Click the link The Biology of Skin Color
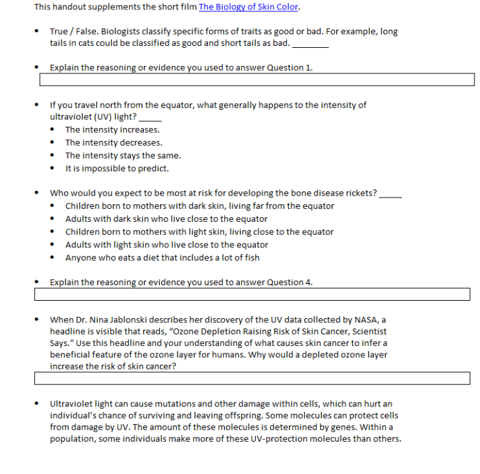coord(248,7)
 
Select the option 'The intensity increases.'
coord(112,129)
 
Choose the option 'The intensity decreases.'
coord(113,142)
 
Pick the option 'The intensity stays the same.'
coord(123,155)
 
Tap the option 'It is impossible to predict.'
coord(117,168)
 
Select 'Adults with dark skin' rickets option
coord(166,218)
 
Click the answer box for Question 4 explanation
coord(252,295)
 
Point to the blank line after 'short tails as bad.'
coord(311,45)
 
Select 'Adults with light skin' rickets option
coord(166,244)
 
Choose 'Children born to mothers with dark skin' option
coord(199,206)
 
